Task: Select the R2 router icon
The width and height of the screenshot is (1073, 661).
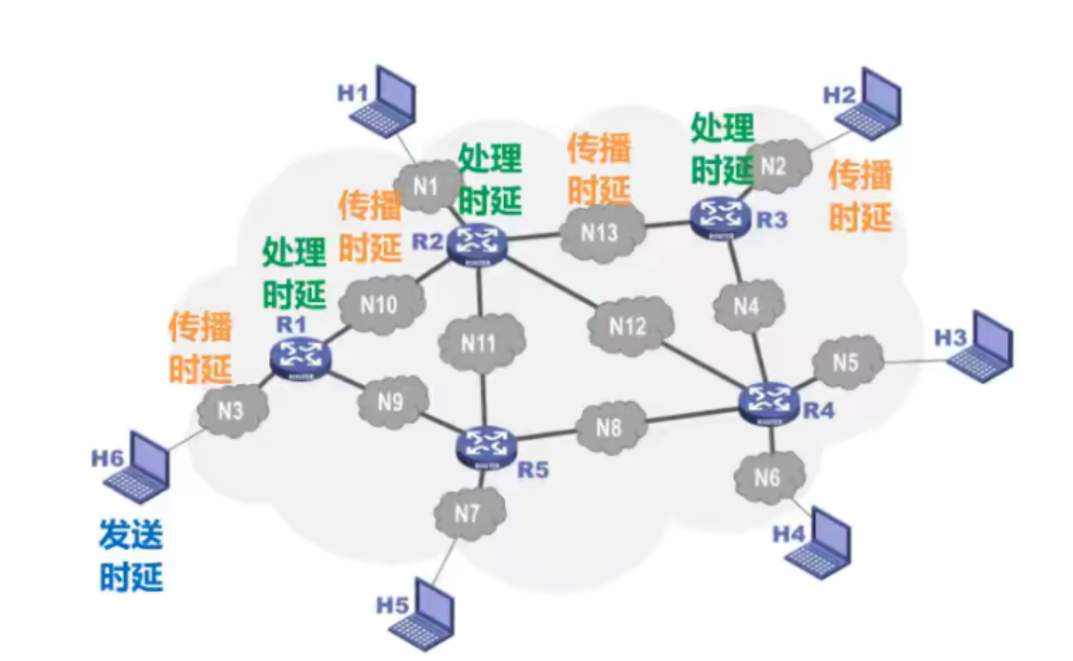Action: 477,244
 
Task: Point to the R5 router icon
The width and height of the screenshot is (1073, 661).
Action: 485,446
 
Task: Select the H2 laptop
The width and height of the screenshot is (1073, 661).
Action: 871,106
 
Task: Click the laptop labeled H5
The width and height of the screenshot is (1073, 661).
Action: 424,616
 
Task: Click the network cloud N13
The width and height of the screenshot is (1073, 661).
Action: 600,233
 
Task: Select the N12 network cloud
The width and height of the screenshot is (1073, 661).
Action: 628,326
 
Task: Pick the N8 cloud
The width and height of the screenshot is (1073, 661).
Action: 609,428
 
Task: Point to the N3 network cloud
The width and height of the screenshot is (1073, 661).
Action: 231,410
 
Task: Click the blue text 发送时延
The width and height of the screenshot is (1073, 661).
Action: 131,555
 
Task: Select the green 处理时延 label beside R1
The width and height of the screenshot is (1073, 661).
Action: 294,272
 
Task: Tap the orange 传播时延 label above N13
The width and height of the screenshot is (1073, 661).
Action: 599,169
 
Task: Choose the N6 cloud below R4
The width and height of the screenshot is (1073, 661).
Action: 768,478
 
